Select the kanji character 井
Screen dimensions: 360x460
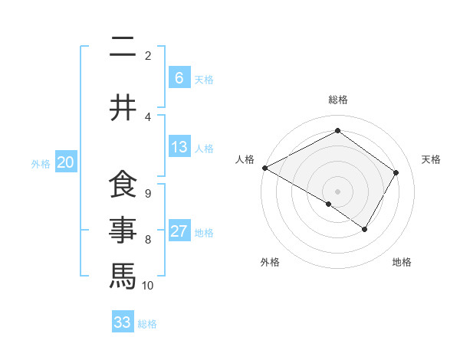[x=123, y=108]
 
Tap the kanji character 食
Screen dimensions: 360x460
[x=123, y=185]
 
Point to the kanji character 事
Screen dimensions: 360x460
[x=123, y=229]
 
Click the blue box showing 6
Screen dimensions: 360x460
[x=179, y=77]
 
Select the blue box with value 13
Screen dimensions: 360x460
[x=179, y=147]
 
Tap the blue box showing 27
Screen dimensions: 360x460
[x=179, y=231]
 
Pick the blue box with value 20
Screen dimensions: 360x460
[x=66, y=162]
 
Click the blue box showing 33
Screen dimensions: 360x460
[x=123, y=322]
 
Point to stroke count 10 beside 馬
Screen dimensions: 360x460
[x=148, y=286]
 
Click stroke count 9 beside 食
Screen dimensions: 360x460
[x=147, y=193]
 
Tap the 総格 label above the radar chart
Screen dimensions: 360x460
[x=337, y=100]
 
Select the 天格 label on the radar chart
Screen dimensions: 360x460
[x=431, y=159]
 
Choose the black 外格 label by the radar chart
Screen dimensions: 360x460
[x=269, y=263]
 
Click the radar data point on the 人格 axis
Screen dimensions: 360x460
[x=264, y=168]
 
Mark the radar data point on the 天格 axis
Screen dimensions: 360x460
[x=396, y=172]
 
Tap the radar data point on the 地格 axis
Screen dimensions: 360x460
[x=365, y=229]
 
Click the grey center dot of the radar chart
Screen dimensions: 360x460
[x=337, y=191]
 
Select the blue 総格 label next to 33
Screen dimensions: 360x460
[x=147, y=324]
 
